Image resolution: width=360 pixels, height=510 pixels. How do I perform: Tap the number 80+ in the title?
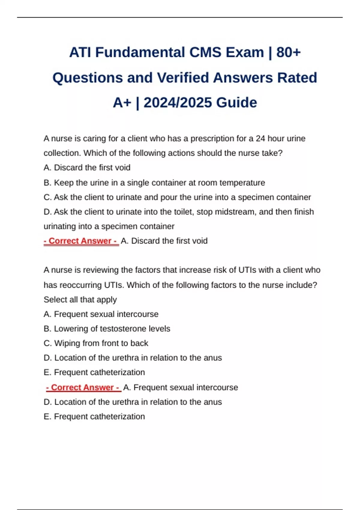pos(288,52)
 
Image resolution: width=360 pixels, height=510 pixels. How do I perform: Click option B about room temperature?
pos(154,183)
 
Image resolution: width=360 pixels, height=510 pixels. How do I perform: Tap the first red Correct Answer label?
pos(81,241)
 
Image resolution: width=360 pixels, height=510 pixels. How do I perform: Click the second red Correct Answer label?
pos(83,387)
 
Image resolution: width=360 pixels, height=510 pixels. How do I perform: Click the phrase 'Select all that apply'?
pos(80,299)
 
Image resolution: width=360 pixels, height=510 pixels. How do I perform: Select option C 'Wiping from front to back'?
pos(96,343)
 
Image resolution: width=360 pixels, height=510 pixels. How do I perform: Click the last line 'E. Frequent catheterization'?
pos(94,416)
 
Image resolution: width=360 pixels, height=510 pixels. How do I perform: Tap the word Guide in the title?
pos(236,103)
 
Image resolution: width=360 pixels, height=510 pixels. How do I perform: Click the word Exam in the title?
pos(244,52)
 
